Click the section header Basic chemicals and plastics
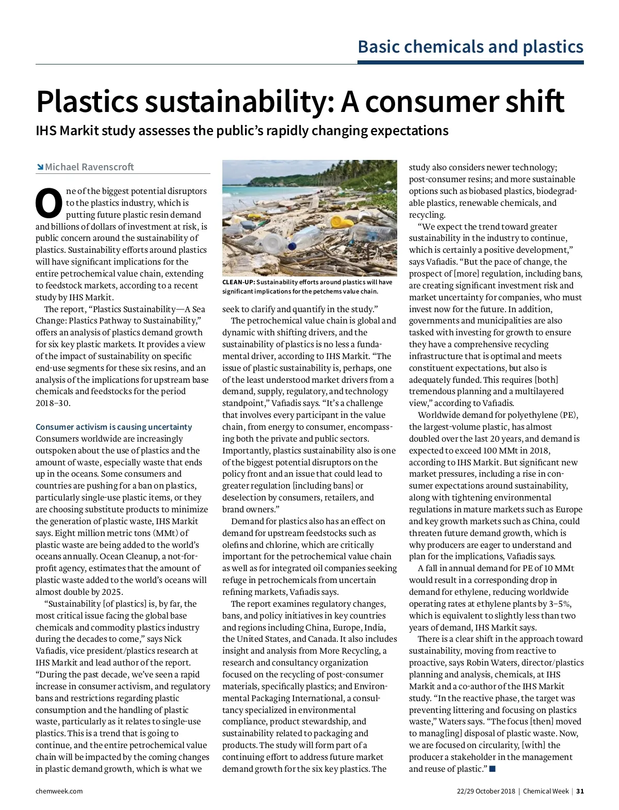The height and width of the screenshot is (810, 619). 470,47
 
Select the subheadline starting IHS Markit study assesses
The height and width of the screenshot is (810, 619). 242,131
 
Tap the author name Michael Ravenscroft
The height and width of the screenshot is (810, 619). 89,167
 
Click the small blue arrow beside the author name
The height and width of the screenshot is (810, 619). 40,167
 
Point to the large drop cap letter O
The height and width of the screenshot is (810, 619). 48,203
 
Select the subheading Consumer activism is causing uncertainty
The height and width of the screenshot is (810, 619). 113,427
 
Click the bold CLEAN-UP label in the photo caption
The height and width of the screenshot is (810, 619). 238,282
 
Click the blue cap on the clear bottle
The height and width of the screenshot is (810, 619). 292,247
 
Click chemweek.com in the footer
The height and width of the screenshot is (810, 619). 59,791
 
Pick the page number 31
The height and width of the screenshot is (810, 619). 580,791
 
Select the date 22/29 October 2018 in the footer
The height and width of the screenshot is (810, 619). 486,791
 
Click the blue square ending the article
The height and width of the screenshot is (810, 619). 493,769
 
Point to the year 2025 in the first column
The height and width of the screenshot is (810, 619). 112,592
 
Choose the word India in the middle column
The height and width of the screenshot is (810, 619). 374,628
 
